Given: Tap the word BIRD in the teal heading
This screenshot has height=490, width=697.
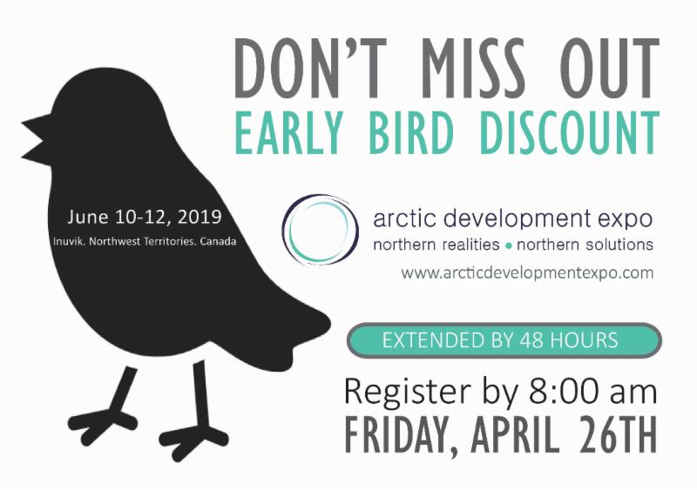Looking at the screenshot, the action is point(411,132).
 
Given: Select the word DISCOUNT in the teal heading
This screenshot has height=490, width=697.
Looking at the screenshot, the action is point(569,132).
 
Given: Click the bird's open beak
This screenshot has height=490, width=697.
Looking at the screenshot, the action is point(37,139).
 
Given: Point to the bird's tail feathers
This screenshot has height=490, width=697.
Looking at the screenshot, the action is point(285,338).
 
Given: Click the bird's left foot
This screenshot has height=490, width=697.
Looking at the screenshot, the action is point(103,420).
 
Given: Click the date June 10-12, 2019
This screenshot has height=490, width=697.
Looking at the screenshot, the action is point(145,218).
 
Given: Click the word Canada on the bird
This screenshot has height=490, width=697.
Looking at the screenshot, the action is point(218,242).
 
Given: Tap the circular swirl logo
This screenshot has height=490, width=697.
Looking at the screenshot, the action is point(320,230).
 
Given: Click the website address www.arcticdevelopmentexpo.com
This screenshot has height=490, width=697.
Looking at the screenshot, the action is point(527,272).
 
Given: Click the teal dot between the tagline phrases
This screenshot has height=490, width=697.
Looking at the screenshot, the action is point(508,245).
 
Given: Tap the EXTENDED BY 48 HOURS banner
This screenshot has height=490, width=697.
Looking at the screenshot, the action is point(504,340).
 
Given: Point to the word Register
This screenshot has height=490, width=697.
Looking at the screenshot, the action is point(407,392).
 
